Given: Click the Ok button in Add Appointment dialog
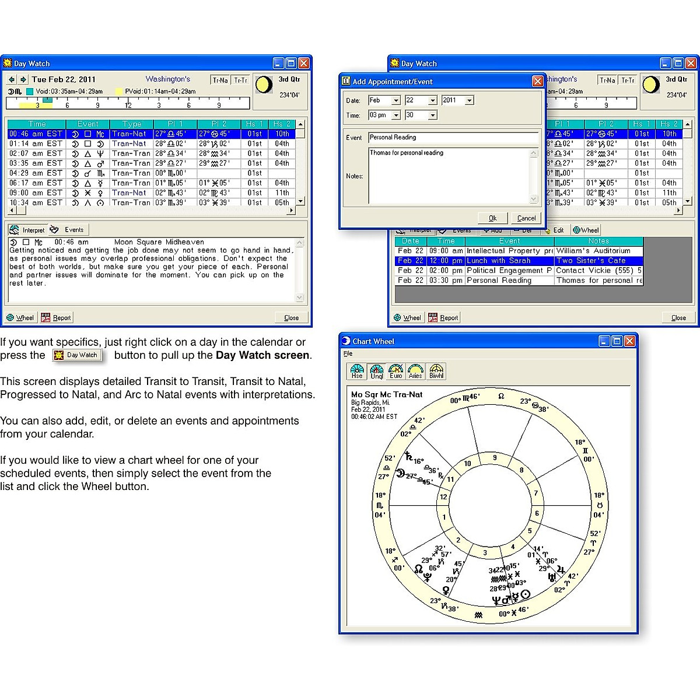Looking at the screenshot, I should click(492, 218).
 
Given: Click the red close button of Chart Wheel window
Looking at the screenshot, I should click(630, 341).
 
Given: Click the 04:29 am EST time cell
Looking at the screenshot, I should click(36, 173).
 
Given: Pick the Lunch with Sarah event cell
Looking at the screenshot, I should click(509, 261).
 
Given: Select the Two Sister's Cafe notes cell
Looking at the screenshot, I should click(597, 261).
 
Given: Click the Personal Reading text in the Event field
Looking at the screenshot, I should click(393, 138).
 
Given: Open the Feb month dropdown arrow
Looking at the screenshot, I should click(396, 100).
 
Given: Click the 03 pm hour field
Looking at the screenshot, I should click(379, 115).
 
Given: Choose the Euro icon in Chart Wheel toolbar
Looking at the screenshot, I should click(396, 372).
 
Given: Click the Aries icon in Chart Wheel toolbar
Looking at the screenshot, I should click(415, 372).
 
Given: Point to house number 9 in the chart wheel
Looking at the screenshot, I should click(495, 458).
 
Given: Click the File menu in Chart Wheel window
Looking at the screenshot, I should click(348, 354).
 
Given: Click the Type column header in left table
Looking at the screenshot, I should click(132, 124).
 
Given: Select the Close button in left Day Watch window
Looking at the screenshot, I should click(291, 318).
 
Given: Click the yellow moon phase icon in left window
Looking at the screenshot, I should click(264, 85).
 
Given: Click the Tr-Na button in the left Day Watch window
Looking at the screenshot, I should click(220, 80).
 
